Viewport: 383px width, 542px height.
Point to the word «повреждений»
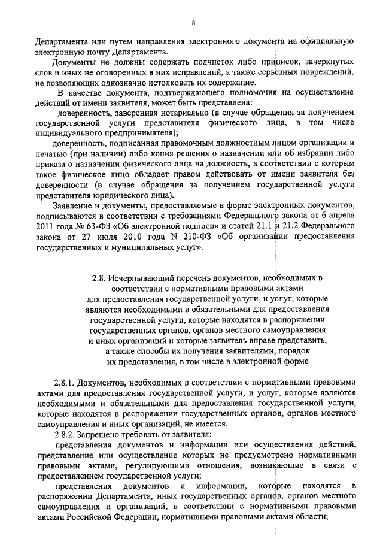(318, 72)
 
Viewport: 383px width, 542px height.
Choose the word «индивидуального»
(66, 132)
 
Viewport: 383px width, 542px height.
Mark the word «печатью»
(50, 155)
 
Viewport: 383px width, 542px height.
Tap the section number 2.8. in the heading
(99, 278)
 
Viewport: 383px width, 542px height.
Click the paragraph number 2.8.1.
(64, 382)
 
